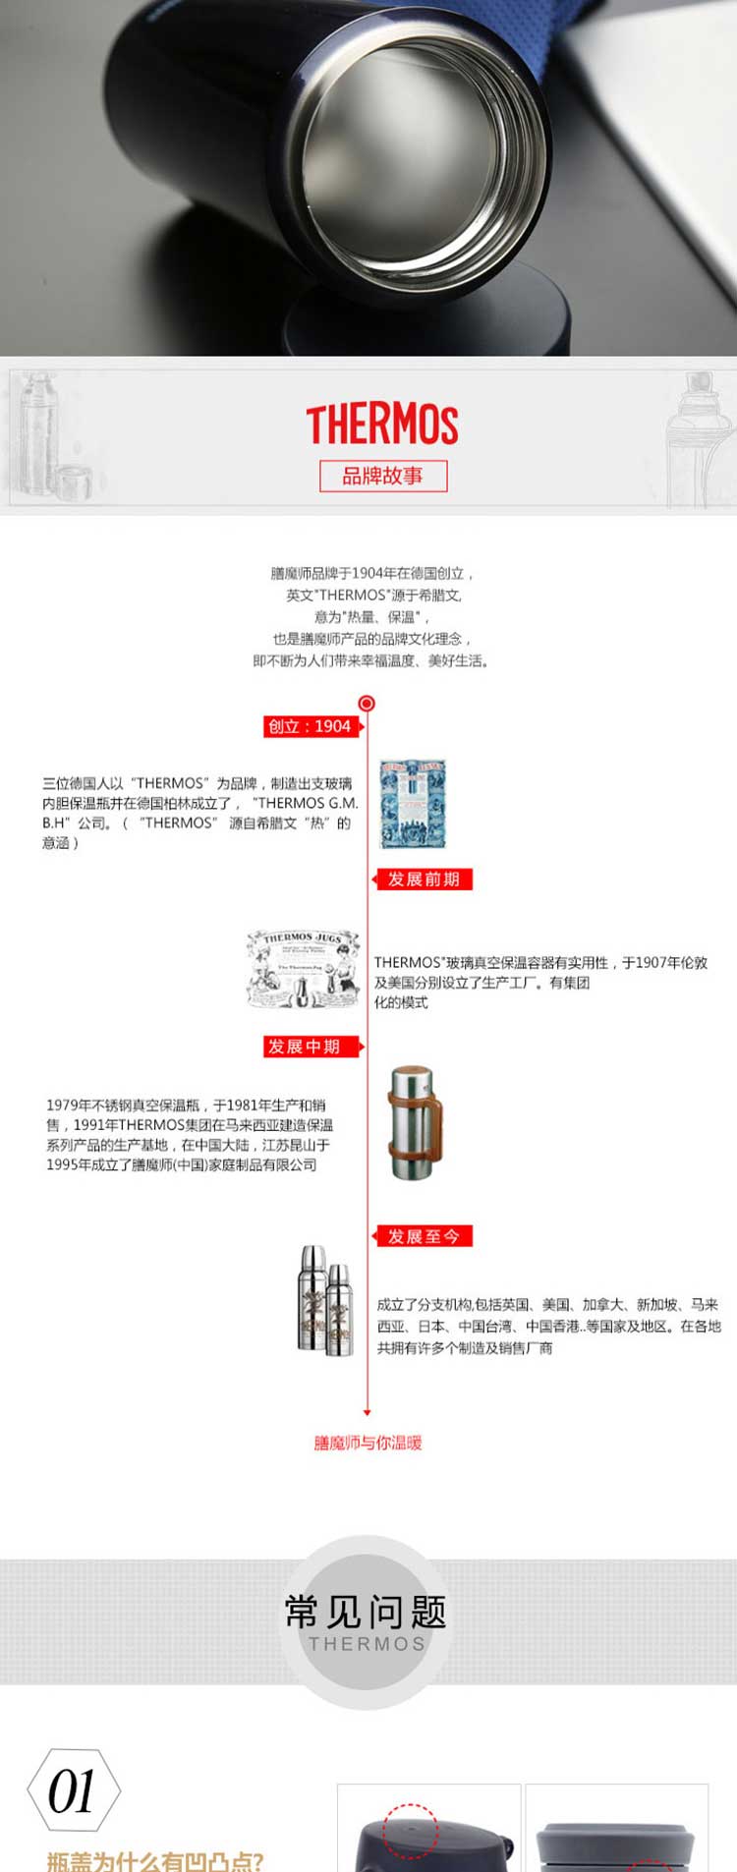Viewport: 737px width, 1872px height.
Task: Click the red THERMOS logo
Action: click(x=381, y=425)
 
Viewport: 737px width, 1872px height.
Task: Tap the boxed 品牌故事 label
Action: click(x=383, y=477)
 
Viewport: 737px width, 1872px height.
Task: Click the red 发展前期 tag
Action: click(x=424, y=879)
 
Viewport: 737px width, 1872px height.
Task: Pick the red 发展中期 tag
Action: click(x=304, y=1047)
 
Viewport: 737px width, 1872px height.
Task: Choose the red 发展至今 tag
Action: click(x=424, y=1236)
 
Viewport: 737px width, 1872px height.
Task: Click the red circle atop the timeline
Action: click(x=367, y=703)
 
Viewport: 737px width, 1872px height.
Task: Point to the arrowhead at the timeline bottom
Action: click(x=367, y=1412)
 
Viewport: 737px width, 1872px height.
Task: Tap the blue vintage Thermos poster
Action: click(x=413, y=803)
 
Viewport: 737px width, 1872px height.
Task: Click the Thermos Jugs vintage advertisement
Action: click(x=303, y=970)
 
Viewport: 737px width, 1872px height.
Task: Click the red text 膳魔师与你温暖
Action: click(x=368, y=1443)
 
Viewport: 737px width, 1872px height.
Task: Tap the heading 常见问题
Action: click(x=366, y=1613)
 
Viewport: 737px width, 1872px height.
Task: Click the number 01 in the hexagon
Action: click(x=72, y=1790)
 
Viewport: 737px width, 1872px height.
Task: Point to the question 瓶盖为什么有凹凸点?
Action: click(x=155, y=1860)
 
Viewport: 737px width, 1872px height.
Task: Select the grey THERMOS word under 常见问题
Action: click(x=367, y=1643)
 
